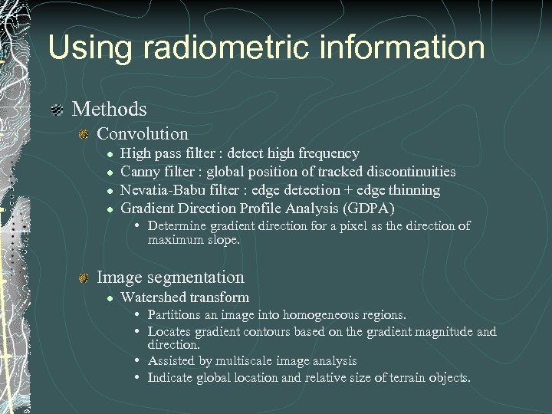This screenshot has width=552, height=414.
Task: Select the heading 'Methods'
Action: coord(109,110)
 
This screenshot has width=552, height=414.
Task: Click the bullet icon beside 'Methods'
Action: coord(57,110)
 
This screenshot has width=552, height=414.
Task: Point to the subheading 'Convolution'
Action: coord(143,133)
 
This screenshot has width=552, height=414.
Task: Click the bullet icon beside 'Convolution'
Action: coord(84,134)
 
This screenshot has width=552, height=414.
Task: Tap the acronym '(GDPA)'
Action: coord(368,209)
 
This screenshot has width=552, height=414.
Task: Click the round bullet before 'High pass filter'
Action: coord(110,154)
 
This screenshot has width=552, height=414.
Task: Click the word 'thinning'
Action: coord(414,190)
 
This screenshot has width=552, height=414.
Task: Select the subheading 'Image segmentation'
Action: coord(170,278)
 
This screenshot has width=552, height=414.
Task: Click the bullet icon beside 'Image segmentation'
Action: coord(84,278)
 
